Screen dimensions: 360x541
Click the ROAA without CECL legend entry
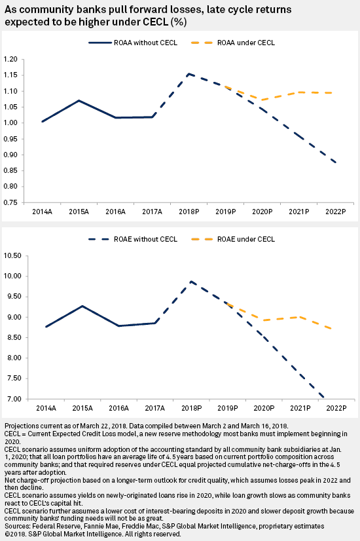point(133,43)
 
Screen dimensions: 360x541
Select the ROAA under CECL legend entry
point(233,43)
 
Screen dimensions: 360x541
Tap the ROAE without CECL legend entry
point(133,239)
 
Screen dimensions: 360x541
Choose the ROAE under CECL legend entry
point(233,239)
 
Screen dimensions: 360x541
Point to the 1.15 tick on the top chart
point(10,75)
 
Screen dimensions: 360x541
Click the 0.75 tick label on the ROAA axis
point(10,202)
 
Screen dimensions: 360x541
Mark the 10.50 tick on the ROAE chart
point(12,255)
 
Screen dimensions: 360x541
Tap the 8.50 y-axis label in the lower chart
point(14,337)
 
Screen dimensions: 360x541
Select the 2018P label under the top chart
point(189,212)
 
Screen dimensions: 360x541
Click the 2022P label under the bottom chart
point(336,408)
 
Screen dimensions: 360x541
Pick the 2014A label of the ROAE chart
point(46,408)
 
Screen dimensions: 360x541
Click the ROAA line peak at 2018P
point(189,74)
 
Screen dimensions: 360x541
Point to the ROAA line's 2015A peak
point(79,100)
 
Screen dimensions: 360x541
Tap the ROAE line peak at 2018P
point(191,281)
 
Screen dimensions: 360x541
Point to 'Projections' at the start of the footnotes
point(20,426)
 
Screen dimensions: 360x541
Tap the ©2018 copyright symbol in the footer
point(7,534)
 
